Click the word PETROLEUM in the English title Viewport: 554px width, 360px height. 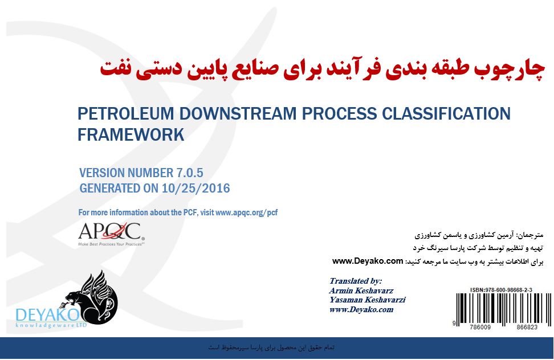coord(126,114)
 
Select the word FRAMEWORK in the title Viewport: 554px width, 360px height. coord(131,134)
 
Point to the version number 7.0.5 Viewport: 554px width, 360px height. coord(190,173)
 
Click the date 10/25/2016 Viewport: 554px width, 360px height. coord(195,188)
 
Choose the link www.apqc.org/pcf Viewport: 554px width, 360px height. coord(246,212)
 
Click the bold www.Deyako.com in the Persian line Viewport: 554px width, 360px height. coord(368,261)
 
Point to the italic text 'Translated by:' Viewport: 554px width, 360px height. coord(356,281)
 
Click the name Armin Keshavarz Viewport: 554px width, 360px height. coord(361,291)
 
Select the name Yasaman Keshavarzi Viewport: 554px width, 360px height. coord(368,300)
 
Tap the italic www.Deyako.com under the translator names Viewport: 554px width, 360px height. coord(361,309)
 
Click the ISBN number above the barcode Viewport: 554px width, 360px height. coord(501,290)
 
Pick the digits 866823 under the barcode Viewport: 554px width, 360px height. coord(527,327)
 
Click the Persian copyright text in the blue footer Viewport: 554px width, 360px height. coord(271,347)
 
